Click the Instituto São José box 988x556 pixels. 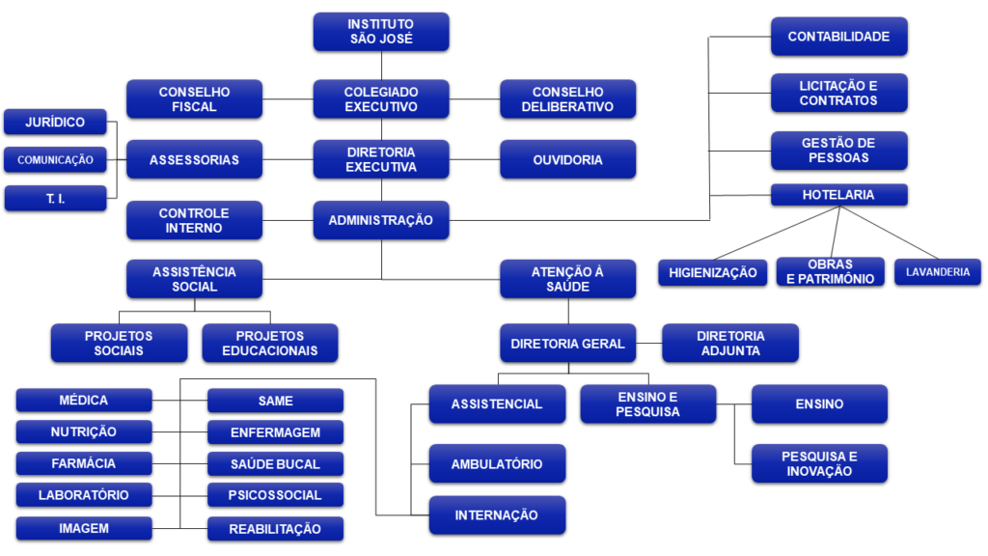pos(380,32)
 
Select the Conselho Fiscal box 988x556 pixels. pos(194,99)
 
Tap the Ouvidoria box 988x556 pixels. pos(567,159)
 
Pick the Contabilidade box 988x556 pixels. pos(838,37)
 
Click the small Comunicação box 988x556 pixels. pos(55,160)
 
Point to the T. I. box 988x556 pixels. pos(55,199)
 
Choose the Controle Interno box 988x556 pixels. pos(194,220)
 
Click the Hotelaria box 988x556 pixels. pos(838,195)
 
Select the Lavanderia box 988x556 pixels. pos(937,272)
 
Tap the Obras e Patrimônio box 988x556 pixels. pos(830,272)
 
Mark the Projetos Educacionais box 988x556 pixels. pos(269,343)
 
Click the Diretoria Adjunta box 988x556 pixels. pos(730,343)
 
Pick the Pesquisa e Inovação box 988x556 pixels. pos(819,463)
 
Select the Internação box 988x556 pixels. pos(496,514)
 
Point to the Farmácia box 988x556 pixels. pos(84,463)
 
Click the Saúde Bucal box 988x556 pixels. pos(275,463)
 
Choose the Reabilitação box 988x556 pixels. pos(275,529)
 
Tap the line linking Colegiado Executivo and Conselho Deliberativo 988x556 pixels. pos(474,99)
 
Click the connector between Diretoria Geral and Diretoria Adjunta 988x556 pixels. pos(649,343)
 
